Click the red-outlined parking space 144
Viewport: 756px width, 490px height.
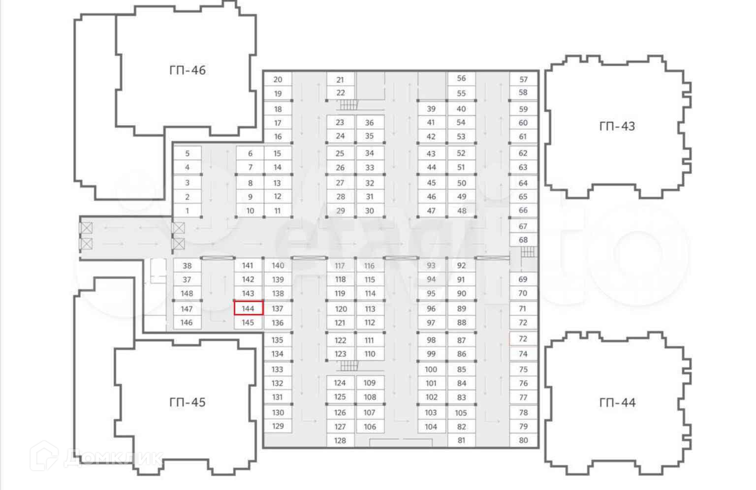[x=248, y=308]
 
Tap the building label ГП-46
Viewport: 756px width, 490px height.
[x=187, y=70]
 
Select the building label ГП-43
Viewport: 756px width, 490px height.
[x=617, y=126]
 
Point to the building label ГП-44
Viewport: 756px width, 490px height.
[x=617, y=403]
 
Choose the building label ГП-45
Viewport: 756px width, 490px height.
[x=187, y=402]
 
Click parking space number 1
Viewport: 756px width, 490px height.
[x=187, y=211]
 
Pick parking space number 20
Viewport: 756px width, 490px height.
[x=278, y=79]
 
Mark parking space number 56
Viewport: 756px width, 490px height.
[x=461, y=78]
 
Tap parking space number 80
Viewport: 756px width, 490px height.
[x=523, y=440]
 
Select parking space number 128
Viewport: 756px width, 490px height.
[x=340, y=440]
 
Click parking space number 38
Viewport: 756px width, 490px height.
[x=187, y=266]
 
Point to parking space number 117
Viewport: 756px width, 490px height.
[x=340, y=266]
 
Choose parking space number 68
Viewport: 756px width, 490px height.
[x=523, y=240]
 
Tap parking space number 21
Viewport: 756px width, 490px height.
[x=340, y=80]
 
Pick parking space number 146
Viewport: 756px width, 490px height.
[x=187, y=323]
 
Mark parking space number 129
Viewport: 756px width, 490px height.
[x=278, y=426]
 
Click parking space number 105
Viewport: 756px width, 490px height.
[x=461, y=413]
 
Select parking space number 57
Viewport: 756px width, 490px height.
[x=523, y=79]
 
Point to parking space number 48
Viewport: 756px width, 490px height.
[x=461, y=211]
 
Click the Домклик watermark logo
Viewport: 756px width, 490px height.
[x=96, y=458]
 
